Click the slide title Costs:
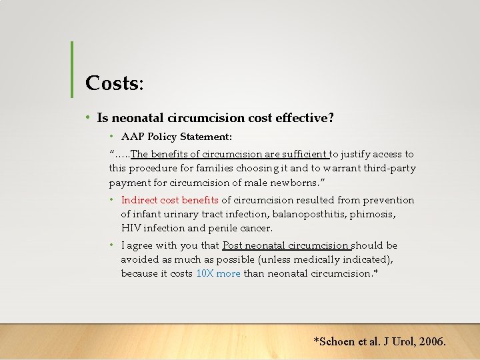114,83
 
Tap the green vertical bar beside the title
72,68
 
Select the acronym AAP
133,137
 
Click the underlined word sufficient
304,154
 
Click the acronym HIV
131,228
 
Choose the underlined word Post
234,245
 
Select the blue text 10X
204,273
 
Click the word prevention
389,200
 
